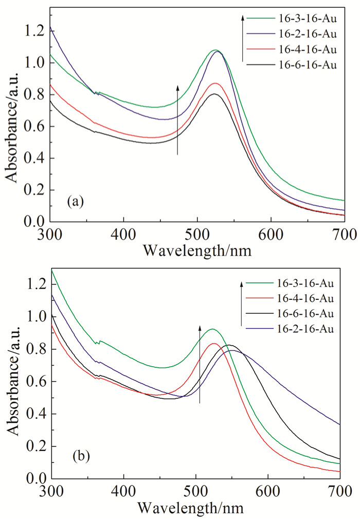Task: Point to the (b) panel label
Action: click(75, 456)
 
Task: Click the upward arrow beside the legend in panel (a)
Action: click(242, 39)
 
